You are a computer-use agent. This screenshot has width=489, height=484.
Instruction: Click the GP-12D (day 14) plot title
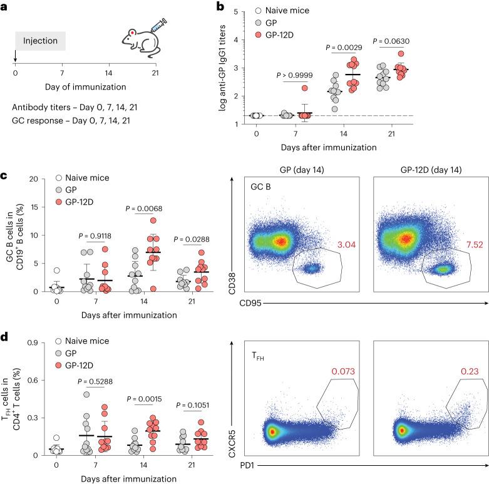click(x=426, y=170)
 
